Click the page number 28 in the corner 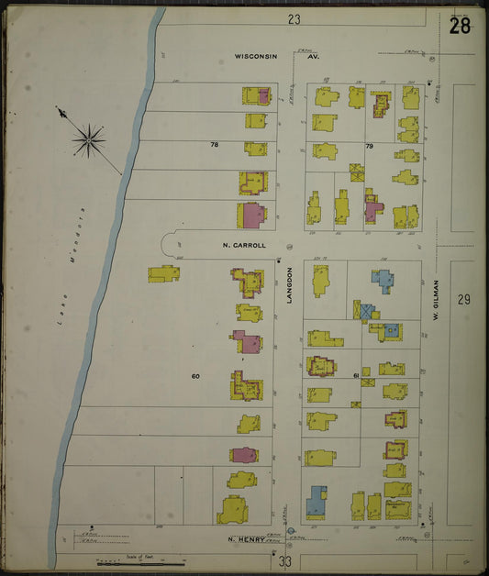tap(460, 26)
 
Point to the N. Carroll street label tap(243, 246)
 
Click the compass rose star tap(88, 139)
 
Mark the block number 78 tap(215, 145)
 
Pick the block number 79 tap(369, 146)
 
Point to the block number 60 tap(195, 377)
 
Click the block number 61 tap(354, 376)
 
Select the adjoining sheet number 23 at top tap(294, 18)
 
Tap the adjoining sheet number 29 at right tap(463, 300)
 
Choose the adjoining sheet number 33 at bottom tap(285, 560)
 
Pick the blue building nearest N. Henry tap(317, 501)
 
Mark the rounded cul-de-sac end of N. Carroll tap(169, 244)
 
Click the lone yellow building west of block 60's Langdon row tap(164, 273)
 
